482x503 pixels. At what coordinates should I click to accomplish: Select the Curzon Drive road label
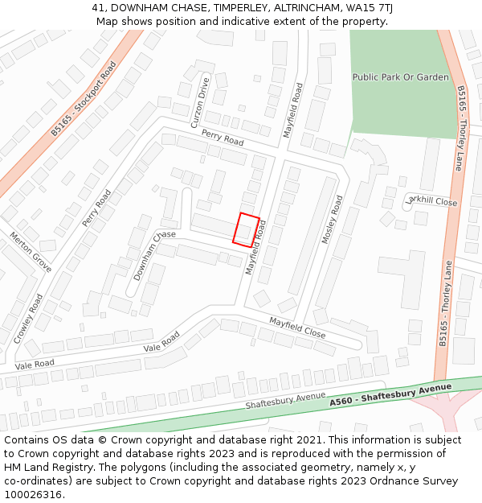click(x=200, y=102)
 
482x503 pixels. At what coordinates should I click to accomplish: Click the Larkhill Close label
click(x=431, y=201)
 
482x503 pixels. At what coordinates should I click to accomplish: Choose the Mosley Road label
click(x=332, y=219)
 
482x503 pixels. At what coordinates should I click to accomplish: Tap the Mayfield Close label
click(x=297, y=327)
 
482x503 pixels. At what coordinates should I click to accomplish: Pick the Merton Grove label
click(x=31, y=252)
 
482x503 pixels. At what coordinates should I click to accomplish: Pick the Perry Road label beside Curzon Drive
click(x=223, y=137)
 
